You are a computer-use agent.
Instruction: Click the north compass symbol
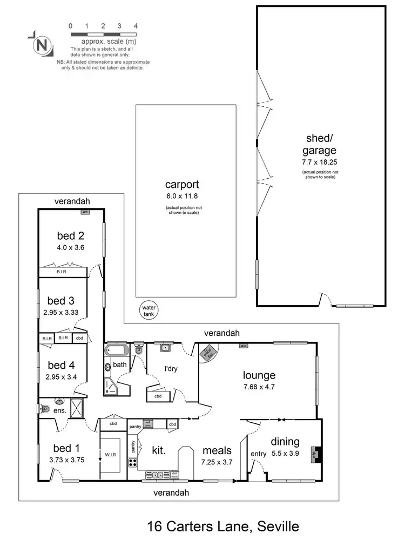tap(40, 45)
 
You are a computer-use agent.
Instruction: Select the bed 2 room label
tap(71, 235)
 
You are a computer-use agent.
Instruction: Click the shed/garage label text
tap(319, 145)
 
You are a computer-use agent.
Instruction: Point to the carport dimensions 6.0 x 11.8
tap(185, 197)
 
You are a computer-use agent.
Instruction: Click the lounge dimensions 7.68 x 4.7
tap(259, 387)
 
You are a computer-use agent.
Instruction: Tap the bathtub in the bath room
tap(117, 352)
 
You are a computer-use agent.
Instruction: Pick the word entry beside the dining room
tap(258, 454)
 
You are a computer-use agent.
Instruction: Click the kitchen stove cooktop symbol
tap(132, 462)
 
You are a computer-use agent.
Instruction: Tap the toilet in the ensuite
tap(43, 409)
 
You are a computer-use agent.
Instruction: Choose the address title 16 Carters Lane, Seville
tap(222, 525)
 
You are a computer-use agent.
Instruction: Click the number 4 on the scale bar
tap(136, 26)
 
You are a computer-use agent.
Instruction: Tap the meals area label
tap(217, 450)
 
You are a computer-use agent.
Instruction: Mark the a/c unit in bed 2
tap(85, 212)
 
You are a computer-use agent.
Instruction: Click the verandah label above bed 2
tap(71, 201)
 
